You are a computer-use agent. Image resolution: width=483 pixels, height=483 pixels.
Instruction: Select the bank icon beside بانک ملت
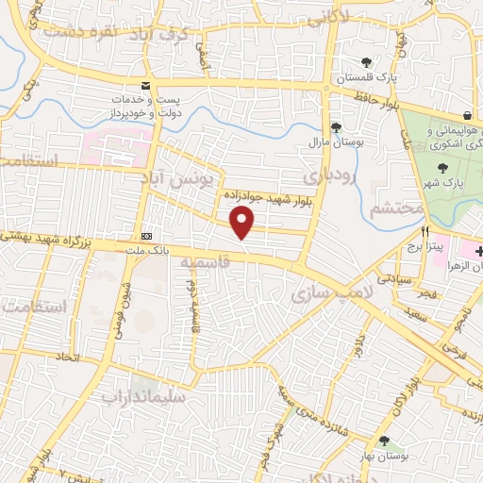(x=146, y=236)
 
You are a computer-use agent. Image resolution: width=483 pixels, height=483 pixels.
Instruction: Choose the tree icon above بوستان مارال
(x=335, y=128)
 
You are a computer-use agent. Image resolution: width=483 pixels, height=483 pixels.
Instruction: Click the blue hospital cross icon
(x=479, y=251)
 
